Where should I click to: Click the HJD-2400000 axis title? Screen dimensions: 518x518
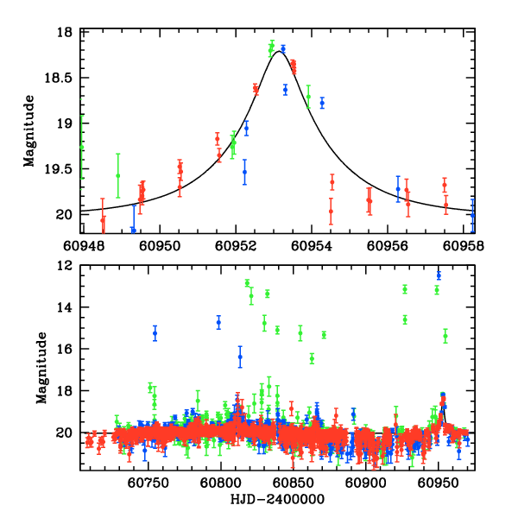pos(278,499)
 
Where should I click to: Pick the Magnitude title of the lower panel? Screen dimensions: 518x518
pos(41,369)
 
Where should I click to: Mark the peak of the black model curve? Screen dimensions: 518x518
pos(277,53)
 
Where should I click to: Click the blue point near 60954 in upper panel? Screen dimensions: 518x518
pos(322,102)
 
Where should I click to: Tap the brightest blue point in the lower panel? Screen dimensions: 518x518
pos(439,275)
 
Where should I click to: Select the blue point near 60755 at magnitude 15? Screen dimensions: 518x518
pos(155,333)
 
